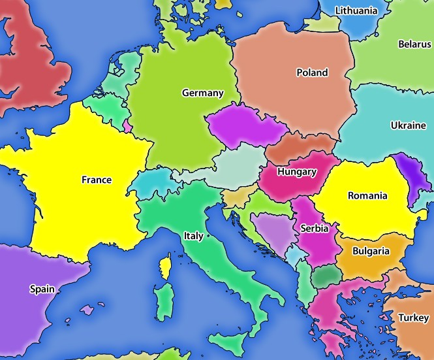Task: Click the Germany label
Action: (202, 93)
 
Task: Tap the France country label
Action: (97, 180)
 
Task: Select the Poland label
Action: (312, 73)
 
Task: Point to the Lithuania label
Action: (356, 11)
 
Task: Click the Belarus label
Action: (414, 44)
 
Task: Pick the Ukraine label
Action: (409, 125)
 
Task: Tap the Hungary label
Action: (296, 172)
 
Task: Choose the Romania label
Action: (367, 195)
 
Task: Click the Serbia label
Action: (315, 229)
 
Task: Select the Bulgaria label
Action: (371, 251)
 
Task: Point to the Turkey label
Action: (413, 318)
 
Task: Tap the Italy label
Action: (193, 236)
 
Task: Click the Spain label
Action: (42, 288)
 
